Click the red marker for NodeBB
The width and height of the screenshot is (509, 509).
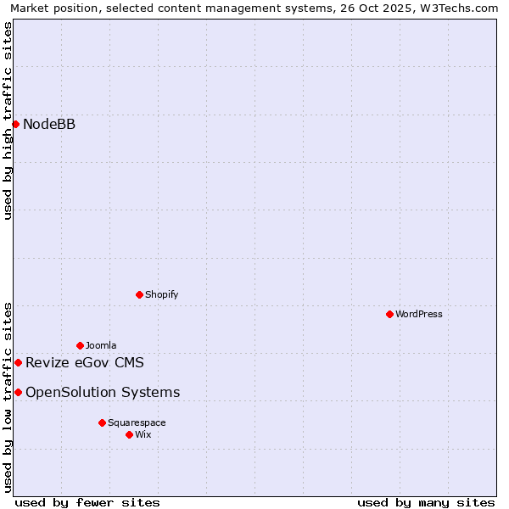(15, 124)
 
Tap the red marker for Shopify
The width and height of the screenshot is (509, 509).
(139, 294)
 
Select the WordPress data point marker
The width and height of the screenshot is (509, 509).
(389, 314)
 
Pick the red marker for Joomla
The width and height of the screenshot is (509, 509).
(80, 345)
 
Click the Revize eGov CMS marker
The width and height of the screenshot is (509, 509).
(18, 362)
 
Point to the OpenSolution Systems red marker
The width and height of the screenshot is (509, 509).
(18, 392)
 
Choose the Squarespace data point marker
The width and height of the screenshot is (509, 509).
(102, 422)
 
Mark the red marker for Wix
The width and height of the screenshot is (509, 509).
(129, 434)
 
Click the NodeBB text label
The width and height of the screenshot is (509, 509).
(49, 125)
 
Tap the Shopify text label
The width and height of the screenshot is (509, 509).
(161, 294)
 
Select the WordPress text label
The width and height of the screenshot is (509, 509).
(419, 314)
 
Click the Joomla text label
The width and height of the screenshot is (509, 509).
(101, 345)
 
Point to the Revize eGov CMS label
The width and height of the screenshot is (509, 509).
(85, 363)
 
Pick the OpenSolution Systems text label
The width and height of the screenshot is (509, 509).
(103, 392)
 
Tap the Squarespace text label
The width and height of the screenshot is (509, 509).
(137, 422)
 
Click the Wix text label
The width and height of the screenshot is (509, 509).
(143, 434)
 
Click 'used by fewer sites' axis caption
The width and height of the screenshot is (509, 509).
(87, 502)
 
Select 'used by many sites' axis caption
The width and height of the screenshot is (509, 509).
(426, 502)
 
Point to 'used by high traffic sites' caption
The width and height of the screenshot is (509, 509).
(8, 120)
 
